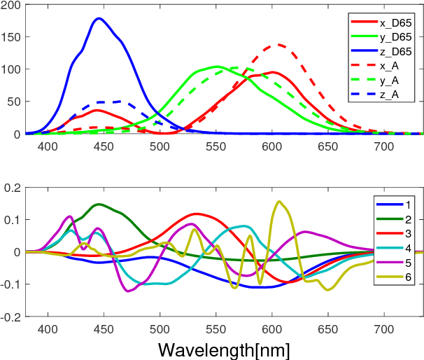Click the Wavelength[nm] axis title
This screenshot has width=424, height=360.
coord(224,349)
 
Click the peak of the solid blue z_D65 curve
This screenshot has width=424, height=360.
coord(99,18)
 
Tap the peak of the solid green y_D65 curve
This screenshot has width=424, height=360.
coord(217,67)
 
